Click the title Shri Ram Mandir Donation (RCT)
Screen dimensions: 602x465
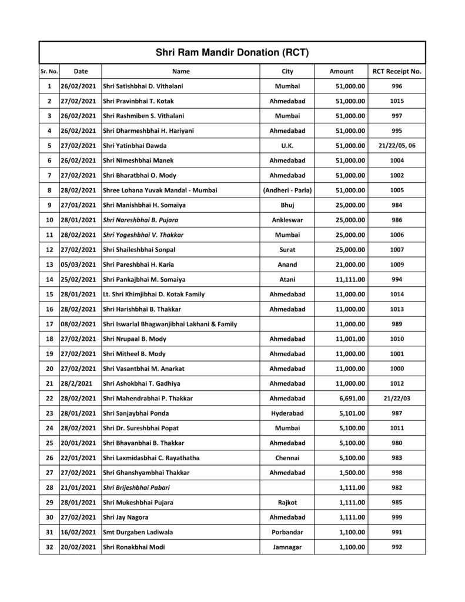click(232, 52)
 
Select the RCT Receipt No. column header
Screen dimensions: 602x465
click(397, 71)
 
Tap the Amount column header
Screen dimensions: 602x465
click(341, 71)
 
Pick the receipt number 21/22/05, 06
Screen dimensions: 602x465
click(397, 146)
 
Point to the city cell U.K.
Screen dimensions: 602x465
click(287, 146)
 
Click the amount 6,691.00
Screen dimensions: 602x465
click(350, 398)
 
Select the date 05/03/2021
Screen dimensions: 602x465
click(78, 265)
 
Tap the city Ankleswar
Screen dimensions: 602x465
click(287, 220)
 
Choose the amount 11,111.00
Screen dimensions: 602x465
click(348, 279)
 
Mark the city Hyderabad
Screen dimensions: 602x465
click(287, 413)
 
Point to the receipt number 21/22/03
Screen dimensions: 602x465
click(397, 398)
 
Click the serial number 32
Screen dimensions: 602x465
click(49, 547)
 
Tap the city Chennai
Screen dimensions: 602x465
click(287, 457)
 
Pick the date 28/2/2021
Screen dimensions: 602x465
click(77, 383)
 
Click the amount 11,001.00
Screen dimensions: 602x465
click(348, 339)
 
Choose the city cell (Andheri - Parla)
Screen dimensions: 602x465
click(287, 190)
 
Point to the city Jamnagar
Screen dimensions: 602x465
click(287, 547)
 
